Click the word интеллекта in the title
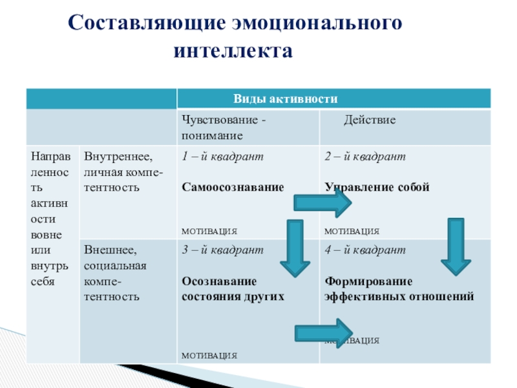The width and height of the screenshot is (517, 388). pos(233,50)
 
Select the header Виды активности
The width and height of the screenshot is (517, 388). pos(286,99)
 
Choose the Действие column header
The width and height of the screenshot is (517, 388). pos(369,120)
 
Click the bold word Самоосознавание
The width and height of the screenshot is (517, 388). pos(233,188)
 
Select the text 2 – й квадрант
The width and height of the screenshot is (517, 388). pos(364,156)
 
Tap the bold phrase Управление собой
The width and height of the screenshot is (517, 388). pos(377,188)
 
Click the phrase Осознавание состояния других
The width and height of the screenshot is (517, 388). pos(233,288)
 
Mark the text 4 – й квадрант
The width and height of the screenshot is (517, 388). pos(364,250)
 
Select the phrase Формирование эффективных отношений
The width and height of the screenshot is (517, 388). pos(399,288)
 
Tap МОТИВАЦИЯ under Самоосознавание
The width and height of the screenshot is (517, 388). pos(209,231)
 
